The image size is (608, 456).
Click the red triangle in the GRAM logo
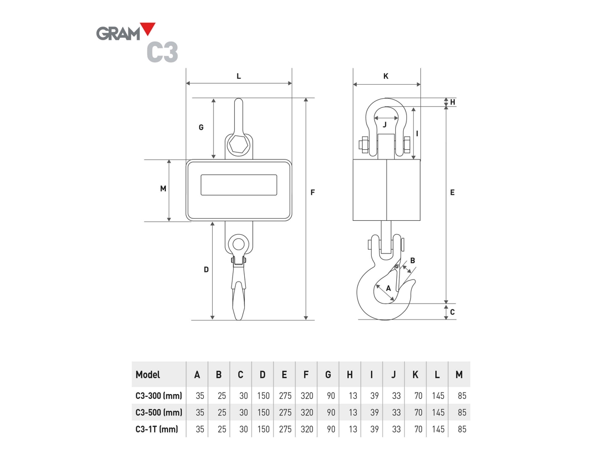147,29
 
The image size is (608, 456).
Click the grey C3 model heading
162,52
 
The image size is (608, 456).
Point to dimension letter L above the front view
238,76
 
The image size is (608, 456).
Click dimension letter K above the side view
386,76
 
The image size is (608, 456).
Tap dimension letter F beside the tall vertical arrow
313,192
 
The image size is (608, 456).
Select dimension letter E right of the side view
452,192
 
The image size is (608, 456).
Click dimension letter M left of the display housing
163,189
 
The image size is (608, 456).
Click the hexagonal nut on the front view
238,145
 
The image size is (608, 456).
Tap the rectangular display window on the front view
239,185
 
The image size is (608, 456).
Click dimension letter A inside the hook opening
388,287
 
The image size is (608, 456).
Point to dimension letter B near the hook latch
412,261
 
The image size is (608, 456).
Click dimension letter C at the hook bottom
452,312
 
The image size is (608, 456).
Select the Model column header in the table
148,375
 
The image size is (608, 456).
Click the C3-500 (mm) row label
159,412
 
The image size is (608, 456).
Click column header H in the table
349,375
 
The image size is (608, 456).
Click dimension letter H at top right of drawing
452,102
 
